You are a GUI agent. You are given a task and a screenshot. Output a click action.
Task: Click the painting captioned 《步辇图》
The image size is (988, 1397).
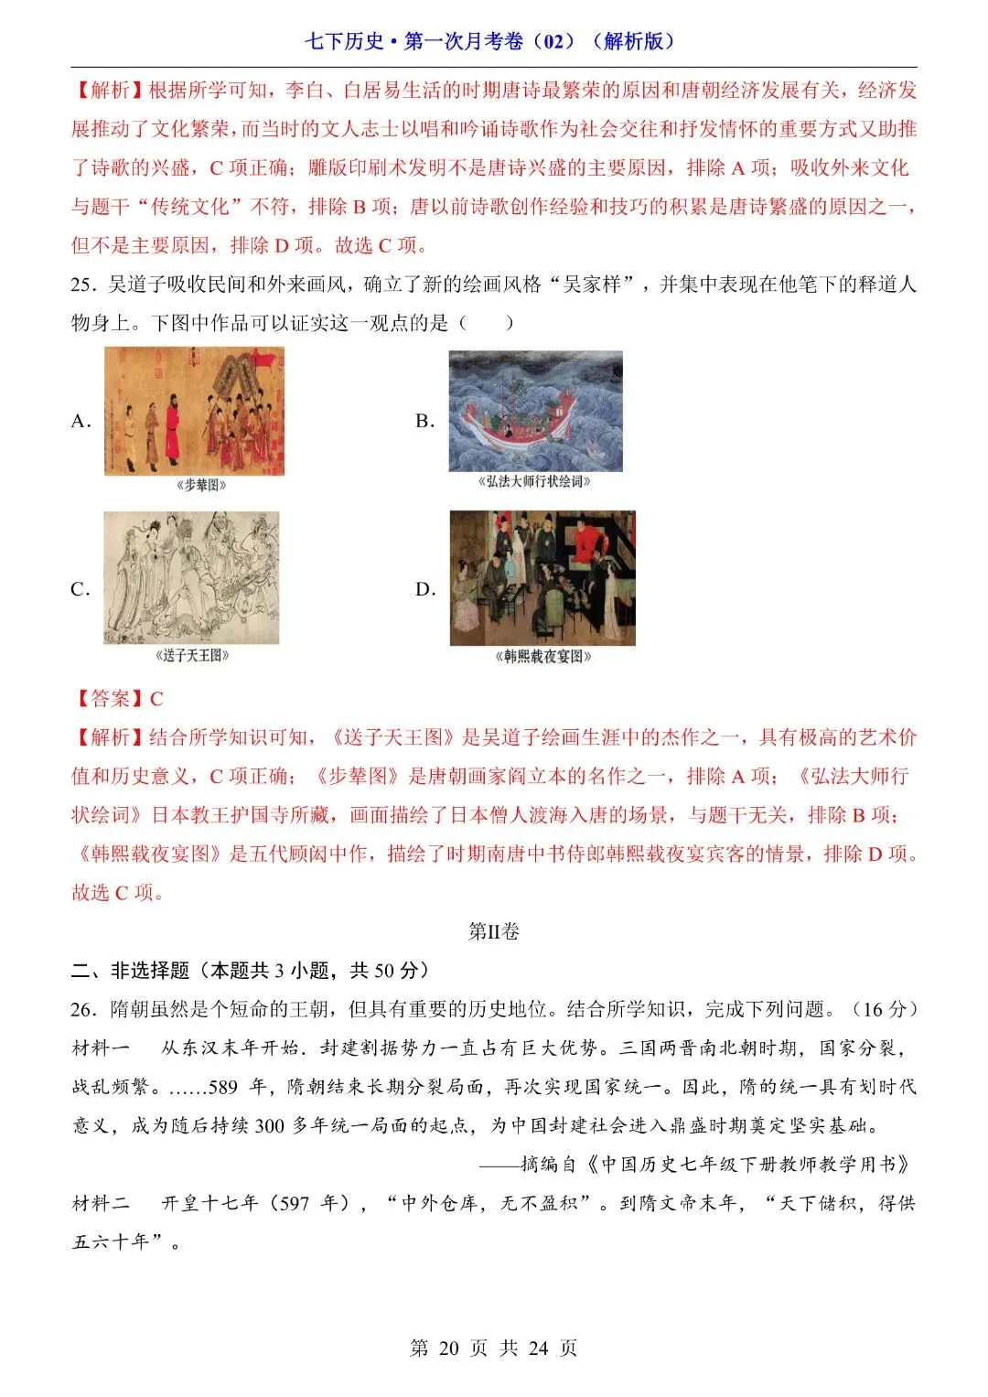tap(194, 412)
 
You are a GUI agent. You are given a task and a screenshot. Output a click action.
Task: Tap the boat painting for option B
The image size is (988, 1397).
tap(535, 412)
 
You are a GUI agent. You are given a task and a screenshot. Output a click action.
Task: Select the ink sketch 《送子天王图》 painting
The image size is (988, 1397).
tap(191, 577)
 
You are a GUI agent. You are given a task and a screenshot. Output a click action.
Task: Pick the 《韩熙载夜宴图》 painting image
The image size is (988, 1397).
tap(542, 578)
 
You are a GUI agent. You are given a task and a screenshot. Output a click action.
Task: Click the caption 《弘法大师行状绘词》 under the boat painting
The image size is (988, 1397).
tap(535, 482)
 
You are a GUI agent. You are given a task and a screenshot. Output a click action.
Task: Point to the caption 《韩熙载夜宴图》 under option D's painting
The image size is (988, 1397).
tap(543, 656)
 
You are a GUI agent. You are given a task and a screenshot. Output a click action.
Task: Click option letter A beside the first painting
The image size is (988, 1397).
tap(81, 422)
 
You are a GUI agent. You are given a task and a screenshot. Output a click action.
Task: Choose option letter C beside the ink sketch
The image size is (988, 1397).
tap(81, 589)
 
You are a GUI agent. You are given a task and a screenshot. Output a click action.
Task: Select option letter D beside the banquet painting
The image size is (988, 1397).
tap(425, 589)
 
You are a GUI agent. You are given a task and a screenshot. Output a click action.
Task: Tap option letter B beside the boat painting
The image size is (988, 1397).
tap(424, 422)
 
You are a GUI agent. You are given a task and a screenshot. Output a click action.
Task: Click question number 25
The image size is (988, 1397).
tap(83, 285)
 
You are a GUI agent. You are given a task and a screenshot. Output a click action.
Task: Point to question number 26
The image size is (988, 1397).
tap(83, 1010)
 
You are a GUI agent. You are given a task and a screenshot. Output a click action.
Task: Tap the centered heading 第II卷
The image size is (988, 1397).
tap(494, 931)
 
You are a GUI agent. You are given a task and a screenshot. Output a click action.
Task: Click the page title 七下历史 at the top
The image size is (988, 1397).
tap(344, 41)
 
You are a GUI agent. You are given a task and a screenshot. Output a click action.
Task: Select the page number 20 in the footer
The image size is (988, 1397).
tap(448, 1349)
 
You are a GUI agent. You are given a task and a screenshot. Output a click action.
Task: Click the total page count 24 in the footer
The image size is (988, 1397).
tap(538, 1349)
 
